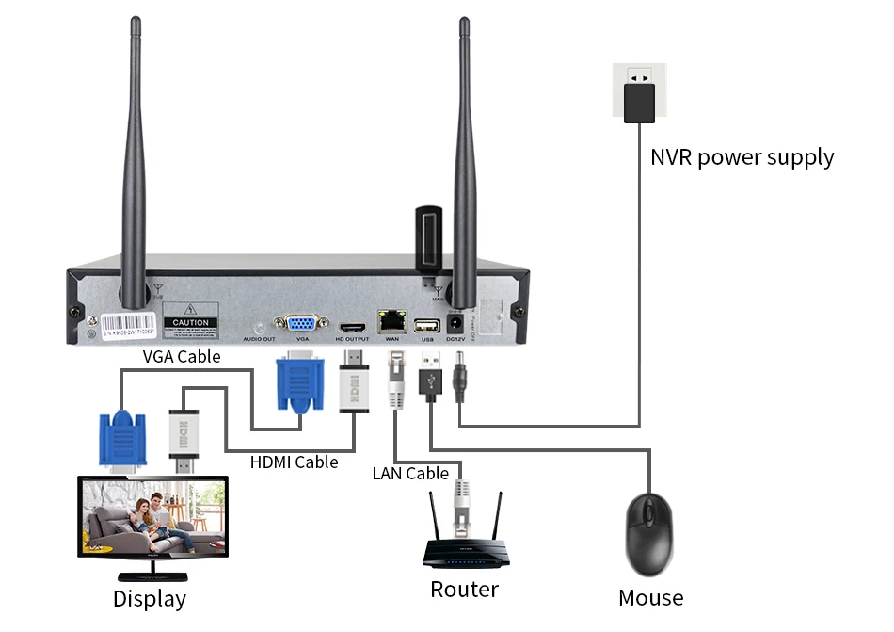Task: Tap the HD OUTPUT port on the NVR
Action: click(x=352, y=323)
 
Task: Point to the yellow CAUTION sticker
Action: click(x=190, y=321)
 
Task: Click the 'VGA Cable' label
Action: click(x=182, y=356)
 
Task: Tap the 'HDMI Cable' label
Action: click(x=294, y=462)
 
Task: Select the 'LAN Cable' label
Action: click(x=410, y=473)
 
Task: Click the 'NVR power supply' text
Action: click(x=742, y=156)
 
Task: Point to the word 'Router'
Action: click(x=464, y=590)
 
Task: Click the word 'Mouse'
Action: click(x=650, y=597)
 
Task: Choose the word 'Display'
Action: click(x=150, y=598)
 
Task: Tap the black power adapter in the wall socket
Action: click(x=639, y=102)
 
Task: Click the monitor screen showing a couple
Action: click(x=152, y=521)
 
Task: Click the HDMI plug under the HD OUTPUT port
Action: click(x=352, y=385)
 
